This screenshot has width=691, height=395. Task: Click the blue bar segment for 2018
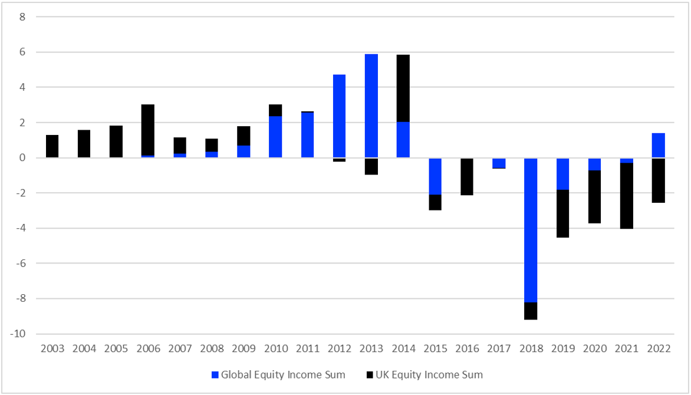tap(531, 230)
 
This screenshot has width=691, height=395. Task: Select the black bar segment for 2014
tap(403, 88)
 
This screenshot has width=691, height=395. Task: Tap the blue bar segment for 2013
tap(371, 106)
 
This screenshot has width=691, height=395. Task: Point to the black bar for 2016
tap(467, 176)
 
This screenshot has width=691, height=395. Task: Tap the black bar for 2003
tap(52, 146)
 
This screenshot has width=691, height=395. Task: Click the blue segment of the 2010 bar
tap(275, 137)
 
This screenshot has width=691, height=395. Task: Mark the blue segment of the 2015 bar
tap(435, 176)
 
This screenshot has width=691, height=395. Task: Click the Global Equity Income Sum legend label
tap(283, 374)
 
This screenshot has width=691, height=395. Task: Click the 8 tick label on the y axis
tap(22, 17)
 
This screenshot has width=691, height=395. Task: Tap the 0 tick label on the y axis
tap(22, 158)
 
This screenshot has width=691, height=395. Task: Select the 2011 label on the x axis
tap(307, 348)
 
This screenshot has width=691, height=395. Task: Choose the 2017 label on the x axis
tap(499, 348)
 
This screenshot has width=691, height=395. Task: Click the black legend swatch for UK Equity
tap(370, 374)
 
